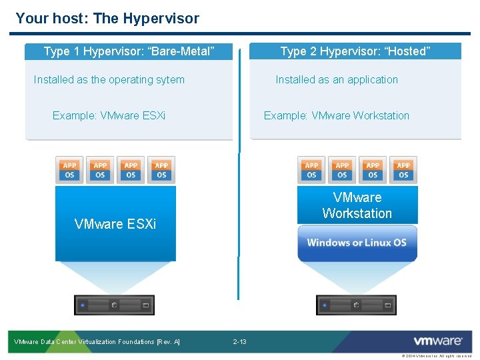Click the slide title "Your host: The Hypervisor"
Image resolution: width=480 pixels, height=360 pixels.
coord(107,18)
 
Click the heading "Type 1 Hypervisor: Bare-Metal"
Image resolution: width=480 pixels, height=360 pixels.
coord(129,51)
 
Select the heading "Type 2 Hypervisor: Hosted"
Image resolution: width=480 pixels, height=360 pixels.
coord(355,51)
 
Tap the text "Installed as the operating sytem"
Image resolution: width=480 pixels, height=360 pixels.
coord(109,80)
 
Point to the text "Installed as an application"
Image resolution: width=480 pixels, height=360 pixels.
coord(337,80)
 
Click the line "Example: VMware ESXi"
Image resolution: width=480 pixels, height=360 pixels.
coord(109,115)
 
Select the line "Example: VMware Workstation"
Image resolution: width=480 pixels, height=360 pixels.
coord(337,115)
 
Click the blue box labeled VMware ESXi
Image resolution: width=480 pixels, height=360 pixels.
coord(115,223)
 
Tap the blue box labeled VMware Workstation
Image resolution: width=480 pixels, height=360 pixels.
coord(357,205)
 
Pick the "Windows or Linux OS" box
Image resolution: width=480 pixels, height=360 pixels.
coord(357,243)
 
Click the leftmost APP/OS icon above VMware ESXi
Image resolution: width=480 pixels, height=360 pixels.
coord(69,170)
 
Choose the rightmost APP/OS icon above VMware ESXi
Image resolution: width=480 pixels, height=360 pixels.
coord(161,170)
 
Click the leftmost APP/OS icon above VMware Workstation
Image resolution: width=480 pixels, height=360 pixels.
coord(311,170)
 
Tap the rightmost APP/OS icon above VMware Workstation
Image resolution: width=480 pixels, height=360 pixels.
coord(403,170)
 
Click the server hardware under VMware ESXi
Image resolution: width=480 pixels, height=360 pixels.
coord(114,305)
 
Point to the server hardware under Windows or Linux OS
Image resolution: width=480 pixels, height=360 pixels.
coord(356,305)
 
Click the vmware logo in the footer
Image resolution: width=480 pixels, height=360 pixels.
coord(437,341)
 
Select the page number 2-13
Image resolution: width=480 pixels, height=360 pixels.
coord(239,342)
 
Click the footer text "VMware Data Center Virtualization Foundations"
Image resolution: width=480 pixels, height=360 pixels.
coord(97,342)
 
